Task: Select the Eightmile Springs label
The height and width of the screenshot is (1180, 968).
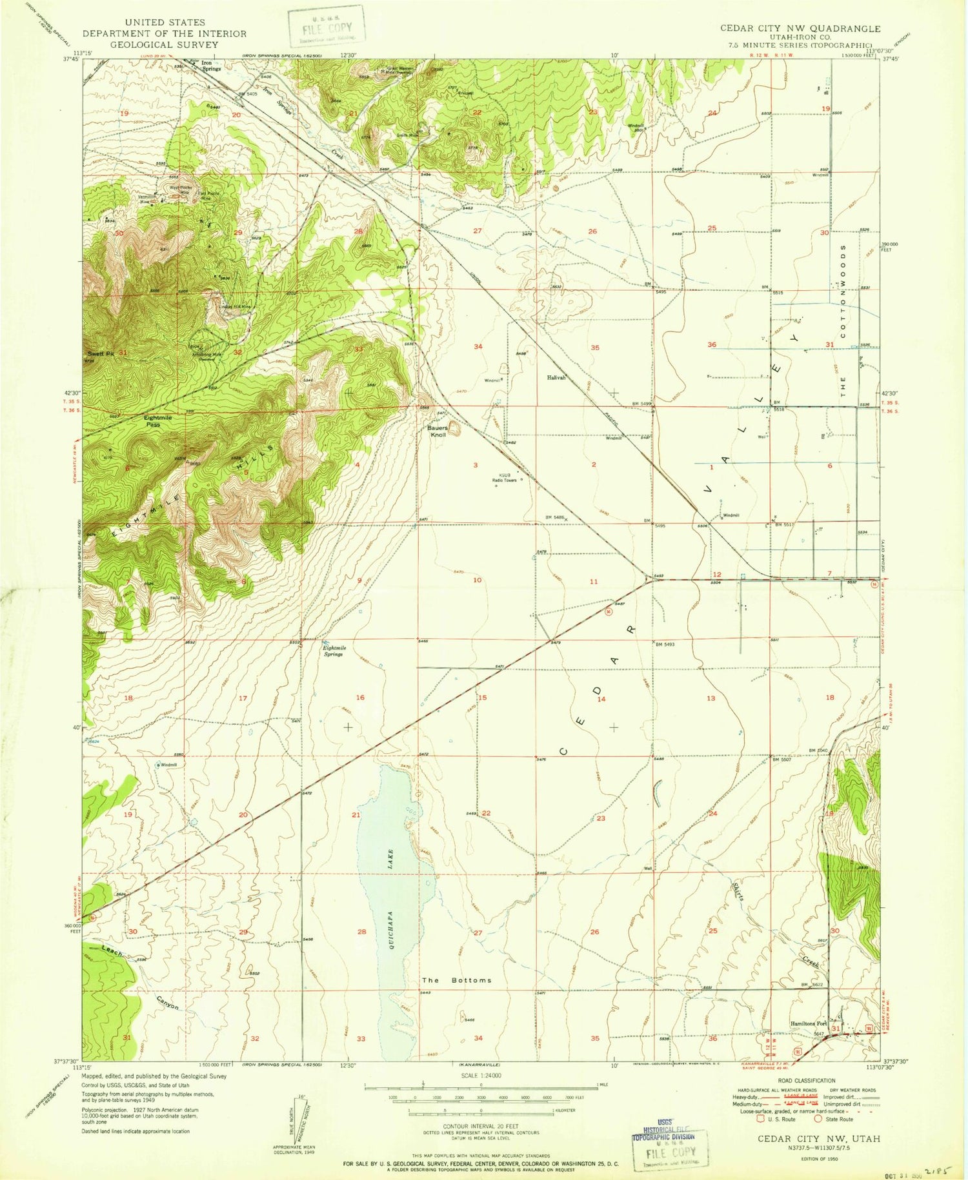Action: [334, 651]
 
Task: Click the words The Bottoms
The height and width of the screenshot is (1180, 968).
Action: [456, 980]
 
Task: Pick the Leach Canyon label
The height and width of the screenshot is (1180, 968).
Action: [139, 977]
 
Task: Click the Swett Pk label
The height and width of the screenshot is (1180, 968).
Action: [101, 354]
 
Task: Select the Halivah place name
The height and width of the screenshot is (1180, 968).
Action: [556, 378]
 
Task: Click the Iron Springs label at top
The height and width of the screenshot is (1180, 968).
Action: [211, 66]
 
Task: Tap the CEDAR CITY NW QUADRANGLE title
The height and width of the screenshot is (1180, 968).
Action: [800, 28]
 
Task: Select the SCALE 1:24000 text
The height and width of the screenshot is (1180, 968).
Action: [481, 1075]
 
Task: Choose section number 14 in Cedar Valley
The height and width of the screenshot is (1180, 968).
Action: [601, 699]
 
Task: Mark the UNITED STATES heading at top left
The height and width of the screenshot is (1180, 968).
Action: [165, 23]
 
